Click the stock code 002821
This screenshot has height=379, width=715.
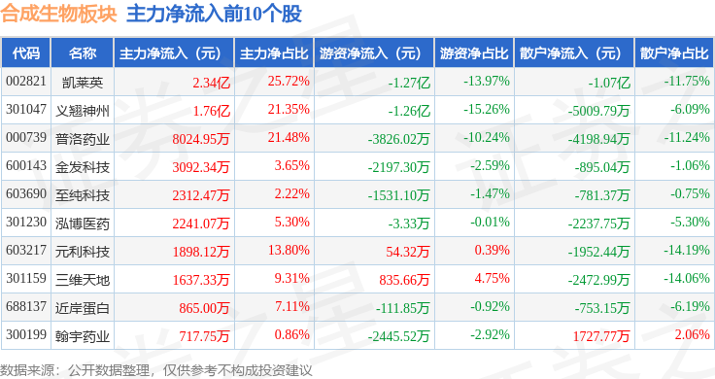(x=26, y=82)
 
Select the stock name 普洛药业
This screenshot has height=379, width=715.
(x=83, y=139)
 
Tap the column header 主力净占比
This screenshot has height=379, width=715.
(x=274, y=53)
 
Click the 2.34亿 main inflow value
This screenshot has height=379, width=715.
(x=211, y=83)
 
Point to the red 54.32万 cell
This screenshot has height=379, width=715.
(x=408, y=252)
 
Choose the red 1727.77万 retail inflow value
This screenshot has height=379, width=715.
(x=601, y=336)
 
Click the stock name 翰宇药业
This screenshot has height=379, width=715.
(x=83, y=336)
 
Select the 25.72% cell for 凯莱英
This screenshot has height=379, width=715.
(x=289, y=82)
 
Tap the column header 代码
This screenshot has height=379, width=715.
(x=26, y=53)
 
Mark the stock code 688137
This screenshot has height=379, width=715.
(x=26, y=306)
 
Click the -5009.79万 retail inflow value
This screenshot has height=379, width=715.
(x=598, y=111)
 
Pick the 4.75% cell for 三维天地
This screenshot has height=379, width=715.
(x=492, y=278)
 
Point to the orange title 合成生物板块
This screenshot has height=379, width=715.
(x=58, y=14)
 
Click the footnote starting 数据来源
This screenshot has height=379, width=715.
(x=156, y=370)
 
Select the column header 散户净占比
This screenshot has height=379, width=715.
(x=674, y=53)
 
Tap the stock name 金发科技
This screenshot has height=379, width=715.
(x=83, y=167)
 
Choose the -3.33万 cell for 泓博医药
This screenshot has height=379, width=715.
(x=409, y=224)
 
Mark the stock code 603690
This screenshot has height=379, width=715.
(x=26, y=193)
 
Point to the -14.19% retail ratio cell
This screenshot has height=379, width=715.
(x=686, y=250)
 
